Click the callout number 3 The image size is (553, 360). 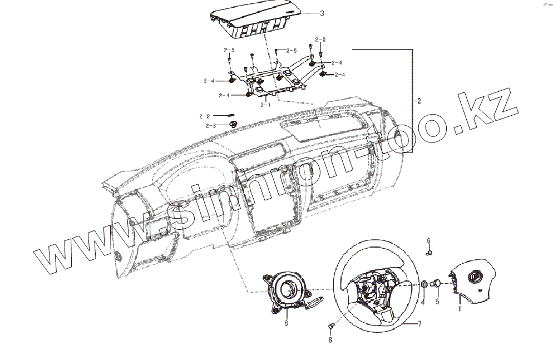coord(321,13)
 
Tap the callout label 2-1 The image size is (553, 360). coord(265,103)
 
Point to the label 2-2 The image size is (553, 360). coord(204,116)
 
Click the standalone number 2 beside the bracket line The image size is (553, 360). coord(419,102)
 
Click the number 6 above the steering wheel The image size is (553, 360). coord(428,240)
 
